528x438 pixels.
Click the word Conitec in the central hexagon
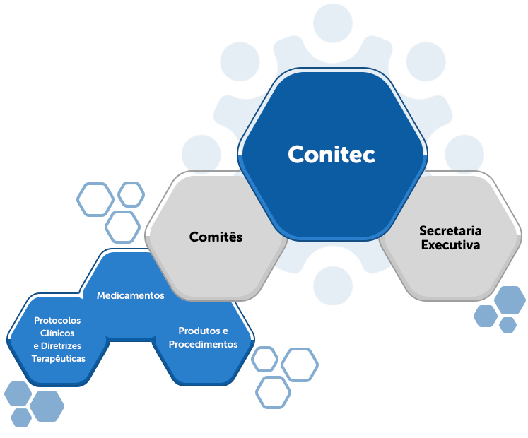tap(331, 154)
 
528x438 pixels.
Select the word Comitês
tap(216, 237)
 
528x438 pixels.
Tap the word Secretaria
tap(450, 231)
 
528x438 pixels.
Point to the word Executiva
tap(450, 245)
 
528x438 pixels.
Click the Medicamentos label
tap(130, 295)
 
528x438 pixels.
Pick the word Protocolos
tap(57, 320)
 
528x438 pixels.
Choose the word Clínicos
tap(57, 333)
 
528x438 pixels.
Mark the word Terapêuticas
tap(59, 358)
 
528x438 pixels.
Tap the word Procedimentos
tap(203, 344)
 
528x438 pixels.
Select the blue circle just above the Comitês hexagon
tap(201, 153)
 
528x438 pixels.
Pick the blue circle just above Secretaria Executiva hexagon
tap(464, 153)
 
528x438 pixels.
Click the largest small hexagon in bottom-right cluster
tap(510, 300)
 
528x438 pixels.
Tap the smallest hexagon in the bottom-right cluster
tap(508, 324)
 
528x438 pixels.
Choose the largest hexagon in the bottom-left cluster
tap(47, 406)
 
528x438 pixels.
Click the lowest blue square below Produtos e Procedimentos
tap(273, 392)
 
